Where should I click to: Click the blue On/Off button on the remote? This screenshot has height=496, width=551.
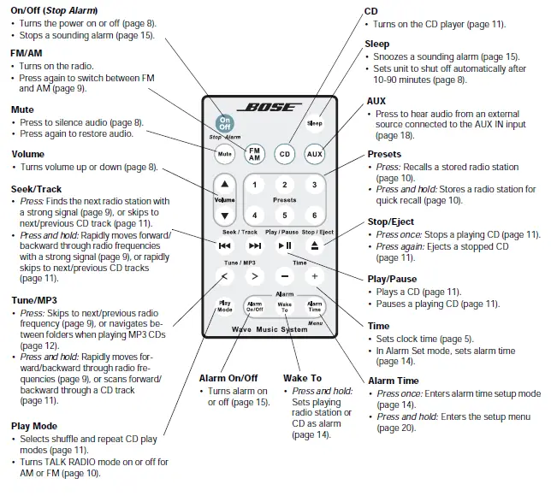(x=225, y=122)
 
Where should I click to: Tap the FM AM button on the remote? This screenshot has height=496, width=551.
(x=255, y=154)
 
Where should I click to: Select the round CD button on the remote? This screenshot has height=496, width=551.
(x=285, y=154)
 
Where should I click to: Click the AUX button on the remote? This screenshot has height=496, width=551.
(x=315, y=154)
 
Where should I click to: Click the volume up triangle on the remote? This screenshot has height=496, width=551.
(x=224, y=184)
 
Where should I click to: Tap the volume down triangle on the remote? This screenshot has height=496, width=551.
(x=224, y=216)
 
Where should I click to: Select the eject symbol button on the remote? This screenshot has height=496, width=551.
(x=315, y=245)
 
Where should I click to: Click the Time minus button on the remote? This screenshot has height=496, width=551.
(x=285, y=277)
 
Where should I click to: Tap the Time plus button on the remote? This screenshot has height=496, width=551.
(x=315, y=277)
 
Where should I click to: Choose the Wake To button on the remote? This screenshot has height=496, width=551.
(x=285, y=307)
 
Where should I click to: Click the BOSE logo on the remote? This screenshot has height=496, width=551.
(x=270, y=108)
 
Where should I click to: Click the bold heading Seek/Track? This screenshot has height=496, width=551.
(x=37, y=189)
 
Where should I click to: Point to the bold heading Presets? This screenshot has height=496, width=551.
(x=383, y=154)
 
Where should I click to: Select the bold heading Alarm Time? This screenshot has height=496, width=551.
(x=394, y=381)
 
